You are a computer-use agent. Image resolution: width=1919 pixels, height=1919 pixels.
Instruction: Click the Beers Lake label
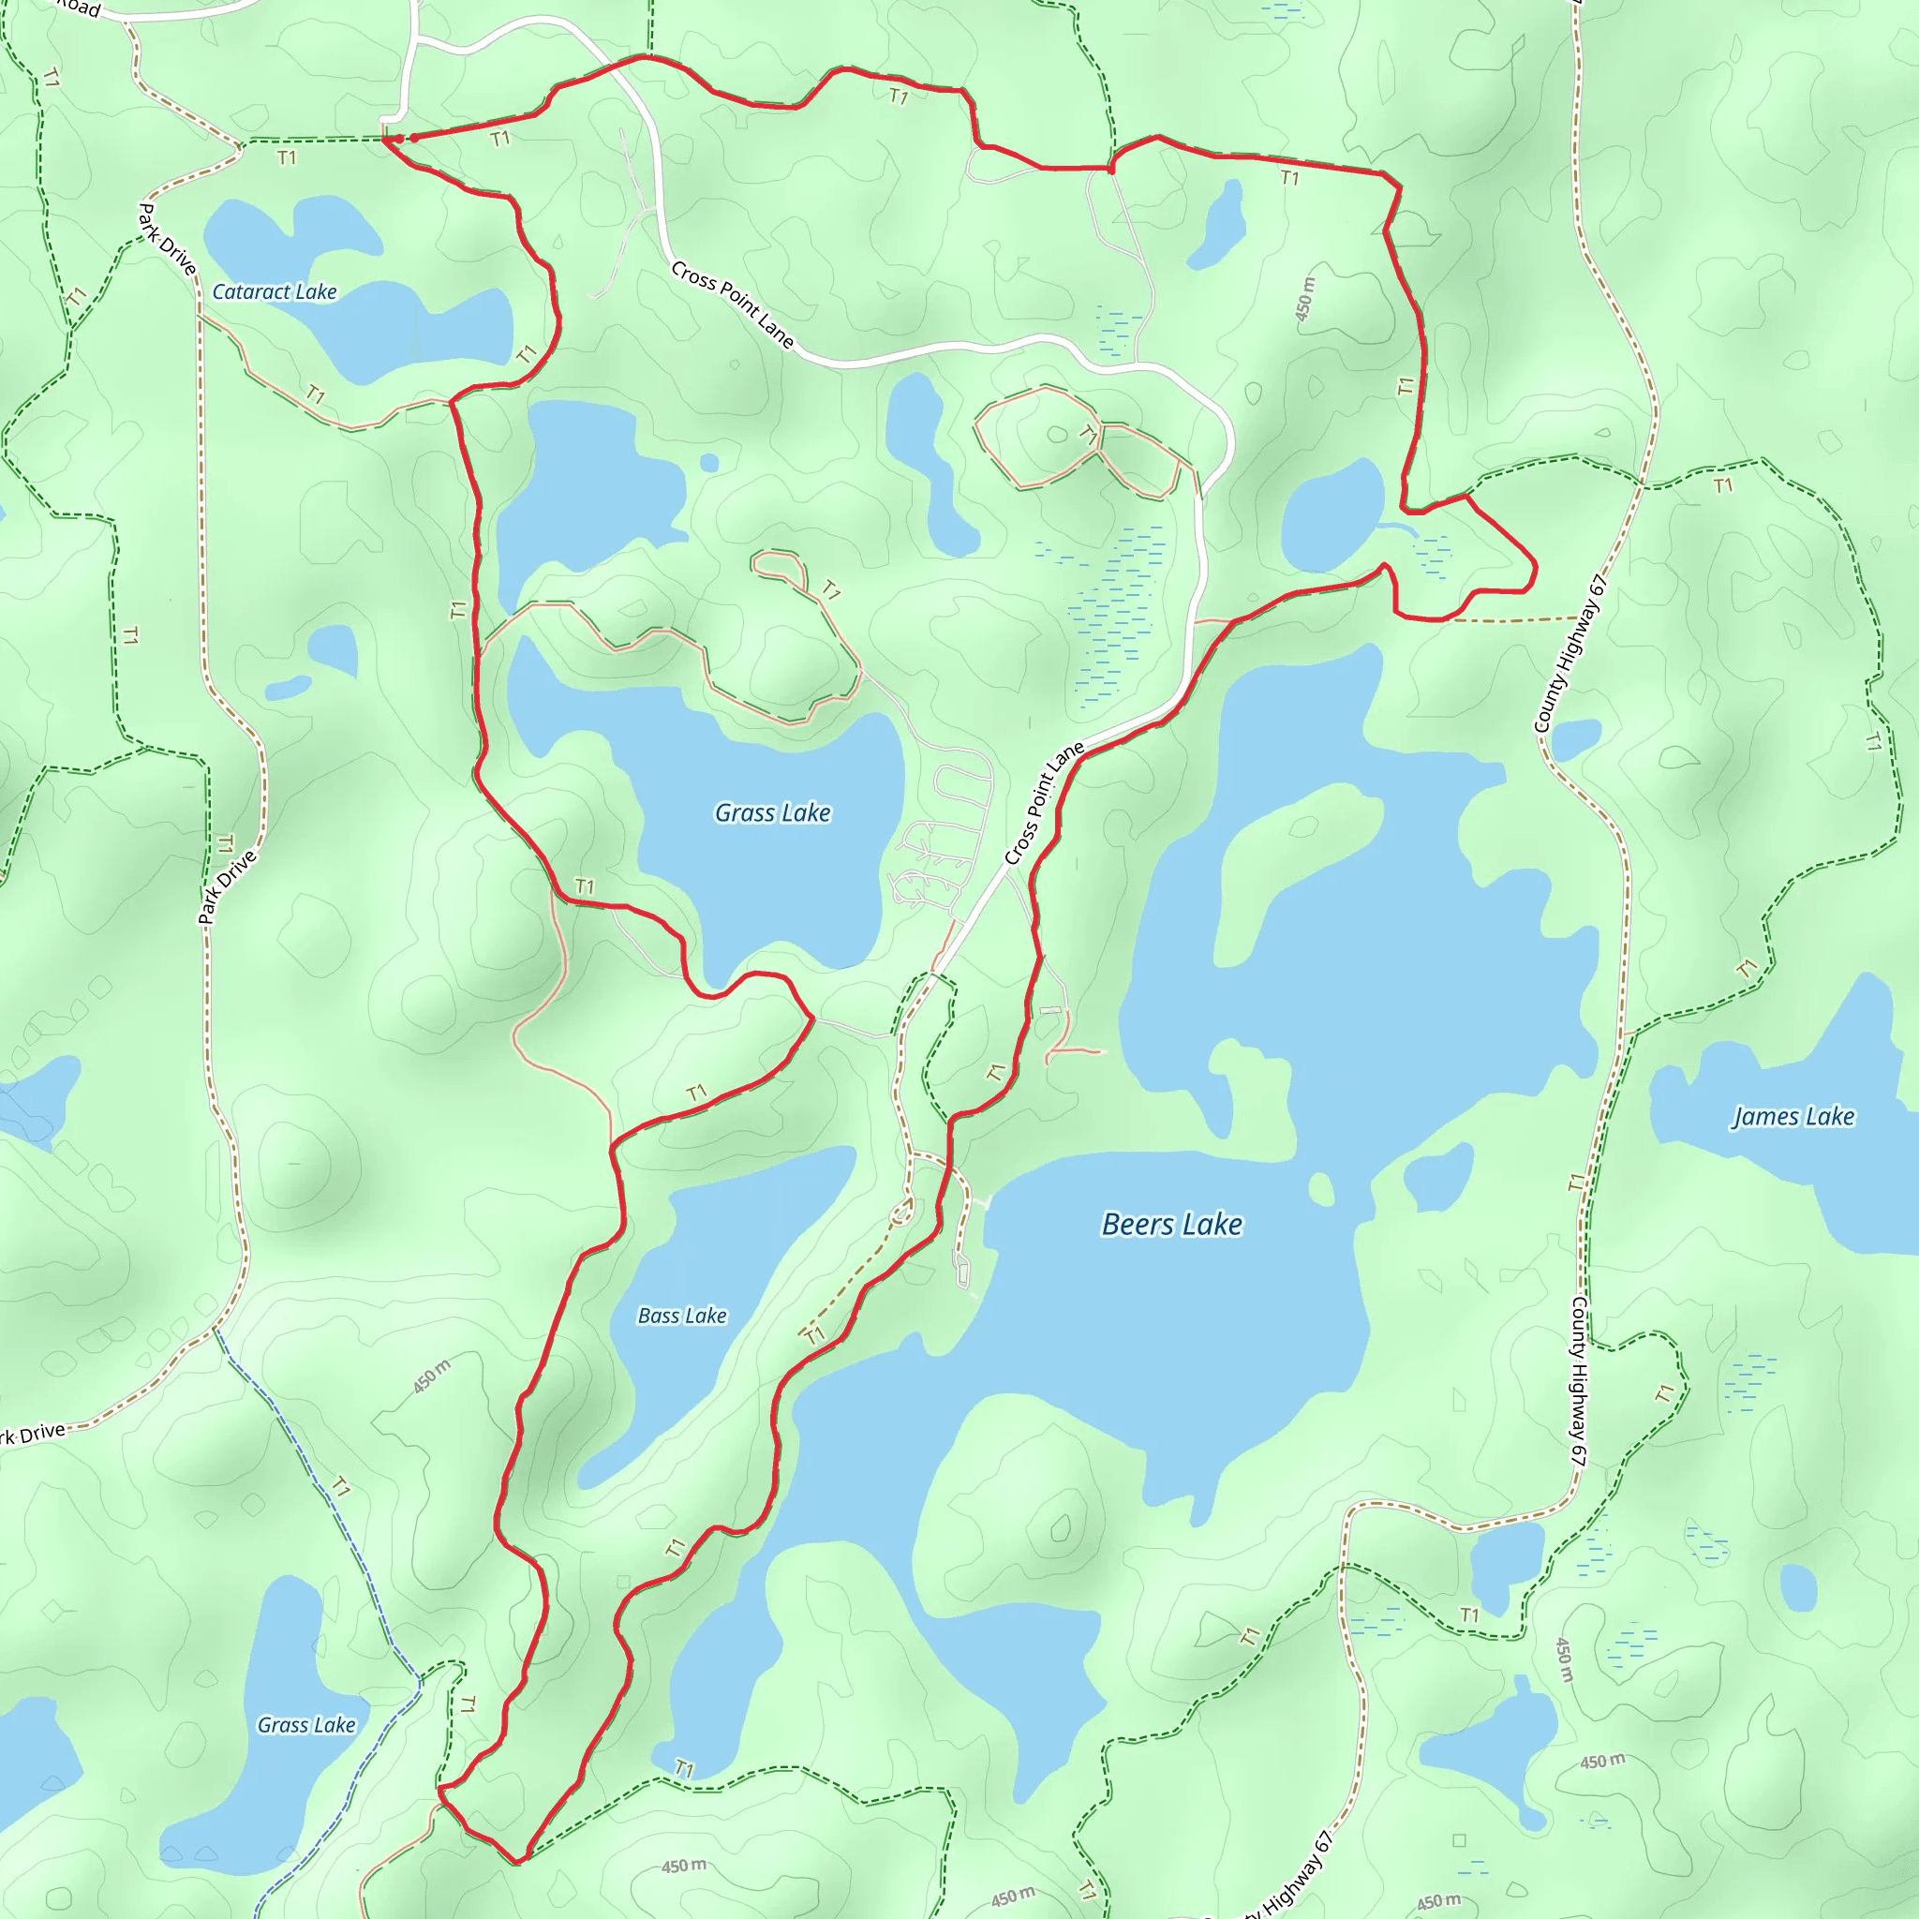(x=1172, y=1225)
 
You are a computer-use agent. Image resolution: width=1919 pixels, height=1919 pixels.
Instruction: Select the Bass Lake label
(x=681, y=1317)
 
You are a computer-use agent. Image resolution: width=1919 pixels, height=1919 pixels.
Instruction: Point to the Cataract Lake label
(x=275, y=292)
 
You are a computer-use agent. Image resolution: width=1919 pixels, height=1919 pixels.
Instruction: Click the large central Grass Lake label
(x=773, y=813)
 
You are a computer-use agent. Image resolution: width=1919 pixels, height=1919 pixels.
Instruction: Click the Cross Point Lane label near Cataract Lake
(x=732, y=305)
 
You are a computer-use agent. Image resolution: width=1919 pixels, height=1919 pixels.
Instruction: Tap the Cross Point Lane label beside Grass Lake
(x=1043, y=804)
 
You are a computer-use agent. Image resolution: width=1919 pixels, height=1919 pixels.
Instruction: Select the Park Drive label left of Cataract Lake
(x=166, y=238)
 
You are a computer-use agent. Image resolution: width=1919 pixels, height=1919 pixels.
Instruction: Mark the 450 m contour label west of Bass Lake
(x=432, y=1376)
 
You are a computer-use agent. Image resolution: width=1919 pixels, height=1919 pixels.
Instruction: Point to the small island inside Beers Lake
(x=1321, y=1188)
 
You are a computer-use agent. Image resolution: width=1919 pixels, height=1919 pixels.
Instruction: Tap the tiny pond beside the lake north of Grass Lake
(x=709, y=463)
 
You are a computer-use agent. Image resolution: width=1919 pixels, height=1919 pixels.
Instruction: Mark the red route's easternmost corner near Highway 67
(x=1536, y=568)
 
